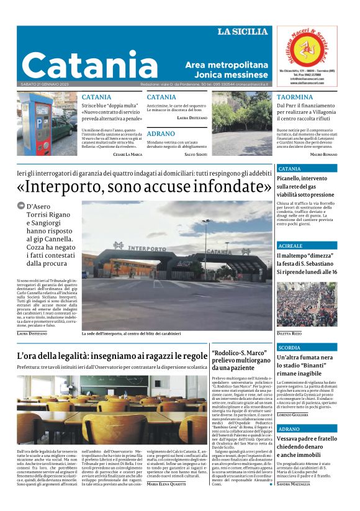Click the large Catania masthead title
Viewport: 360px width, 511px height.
click(89, 65)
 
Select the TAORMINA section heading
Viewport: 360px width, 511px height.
click(295, 97)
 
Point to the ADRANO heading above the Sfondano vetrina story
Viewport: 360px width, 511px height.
click(161, 133)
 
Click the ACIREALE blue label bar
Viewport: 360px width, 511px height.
click(307, 246)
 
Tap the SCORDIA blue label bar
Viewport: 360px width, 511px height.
click(307, 348)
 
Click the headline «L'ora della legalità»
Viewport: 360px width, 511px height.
click(112, 356)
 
